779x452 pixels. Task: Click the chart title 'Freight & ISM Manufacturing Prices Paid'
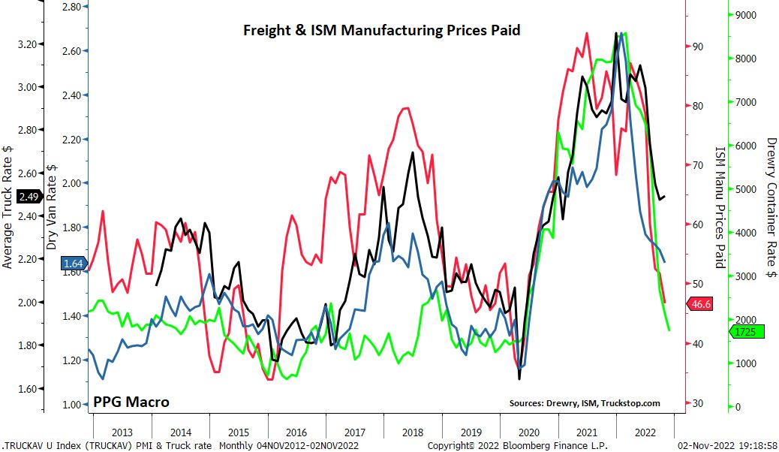pyautogui.click(x=380, y=31)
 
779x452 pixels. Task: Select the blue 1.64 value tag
pyautogui.click(x=72, y=264)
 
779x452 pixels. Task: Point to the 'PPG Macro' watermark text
pyautogui.click(x=131, y=402)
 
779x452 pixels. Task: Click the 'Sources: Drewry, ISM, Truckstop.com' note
pyautogui.click(x=585, y=403)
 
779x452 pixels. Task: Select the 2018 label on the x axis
pyautogui.click(x=412, y=432)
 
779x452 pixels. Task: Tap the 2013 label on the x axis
pyautogui.click(x=122, y=432)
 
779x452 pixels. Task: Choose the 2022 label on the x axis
pyautogui.click(x=645, y=432)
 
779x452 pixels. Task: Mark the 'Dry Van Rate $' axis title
pyautogui.click(x=52, y=207)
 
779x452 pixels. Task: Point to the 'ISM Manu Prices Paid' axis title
pyautogui.click(x=719, y=207)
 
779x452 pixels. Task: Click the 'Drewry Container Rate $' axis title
pyautogui.click(x=771, y=207)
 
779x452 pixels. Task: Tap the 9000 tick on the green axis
pyautogui.click(x=746, y=14)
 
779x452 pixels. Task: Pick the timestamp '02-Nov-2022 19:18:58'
pyautogui.click(x=729, y=445)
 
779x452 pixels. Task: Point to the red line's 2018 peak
pyautogui.click(x=405, y=108)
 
